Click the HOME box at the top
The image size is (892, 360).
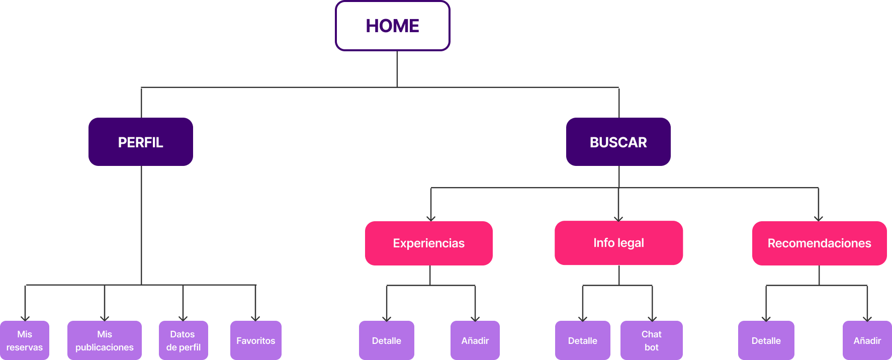point(392,26)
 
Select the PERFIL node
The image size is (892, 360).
point(141,142)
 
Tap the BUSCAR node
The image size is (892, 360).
point(618,142)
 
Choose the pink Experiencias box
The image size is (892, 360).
point(428,243)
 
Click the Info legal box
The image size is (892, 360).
point(618,243)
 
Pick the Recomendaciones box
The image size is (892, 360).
point(819,243)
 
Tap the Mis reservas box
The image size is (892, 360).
point(25,340)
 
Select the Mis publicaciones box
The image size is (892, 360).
point(105,340)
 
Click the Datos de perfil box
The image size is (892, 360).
point(183,340)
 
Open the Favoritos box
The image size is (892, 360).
point(255,340)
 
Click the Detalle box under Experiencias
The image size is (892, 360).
point(386,340)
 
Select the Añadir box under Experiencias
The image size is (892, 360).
point(475,340)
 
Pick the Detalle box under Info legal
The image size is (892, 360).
point(582,340)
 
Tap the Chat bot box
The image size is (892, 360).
point(651,340)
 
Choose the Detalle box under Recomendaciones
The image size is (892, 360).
point(766,340)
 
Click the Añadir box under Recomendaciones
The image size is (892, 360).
point(867,340)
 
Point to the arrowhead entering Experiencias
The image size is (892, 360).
point(431,218)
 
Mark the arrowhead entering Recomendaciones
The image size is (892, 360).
point(819,218)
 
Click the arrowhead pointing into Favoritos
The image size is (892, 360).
point(255,318)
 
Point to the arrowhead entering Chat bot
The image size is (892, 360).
point(652,318)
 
